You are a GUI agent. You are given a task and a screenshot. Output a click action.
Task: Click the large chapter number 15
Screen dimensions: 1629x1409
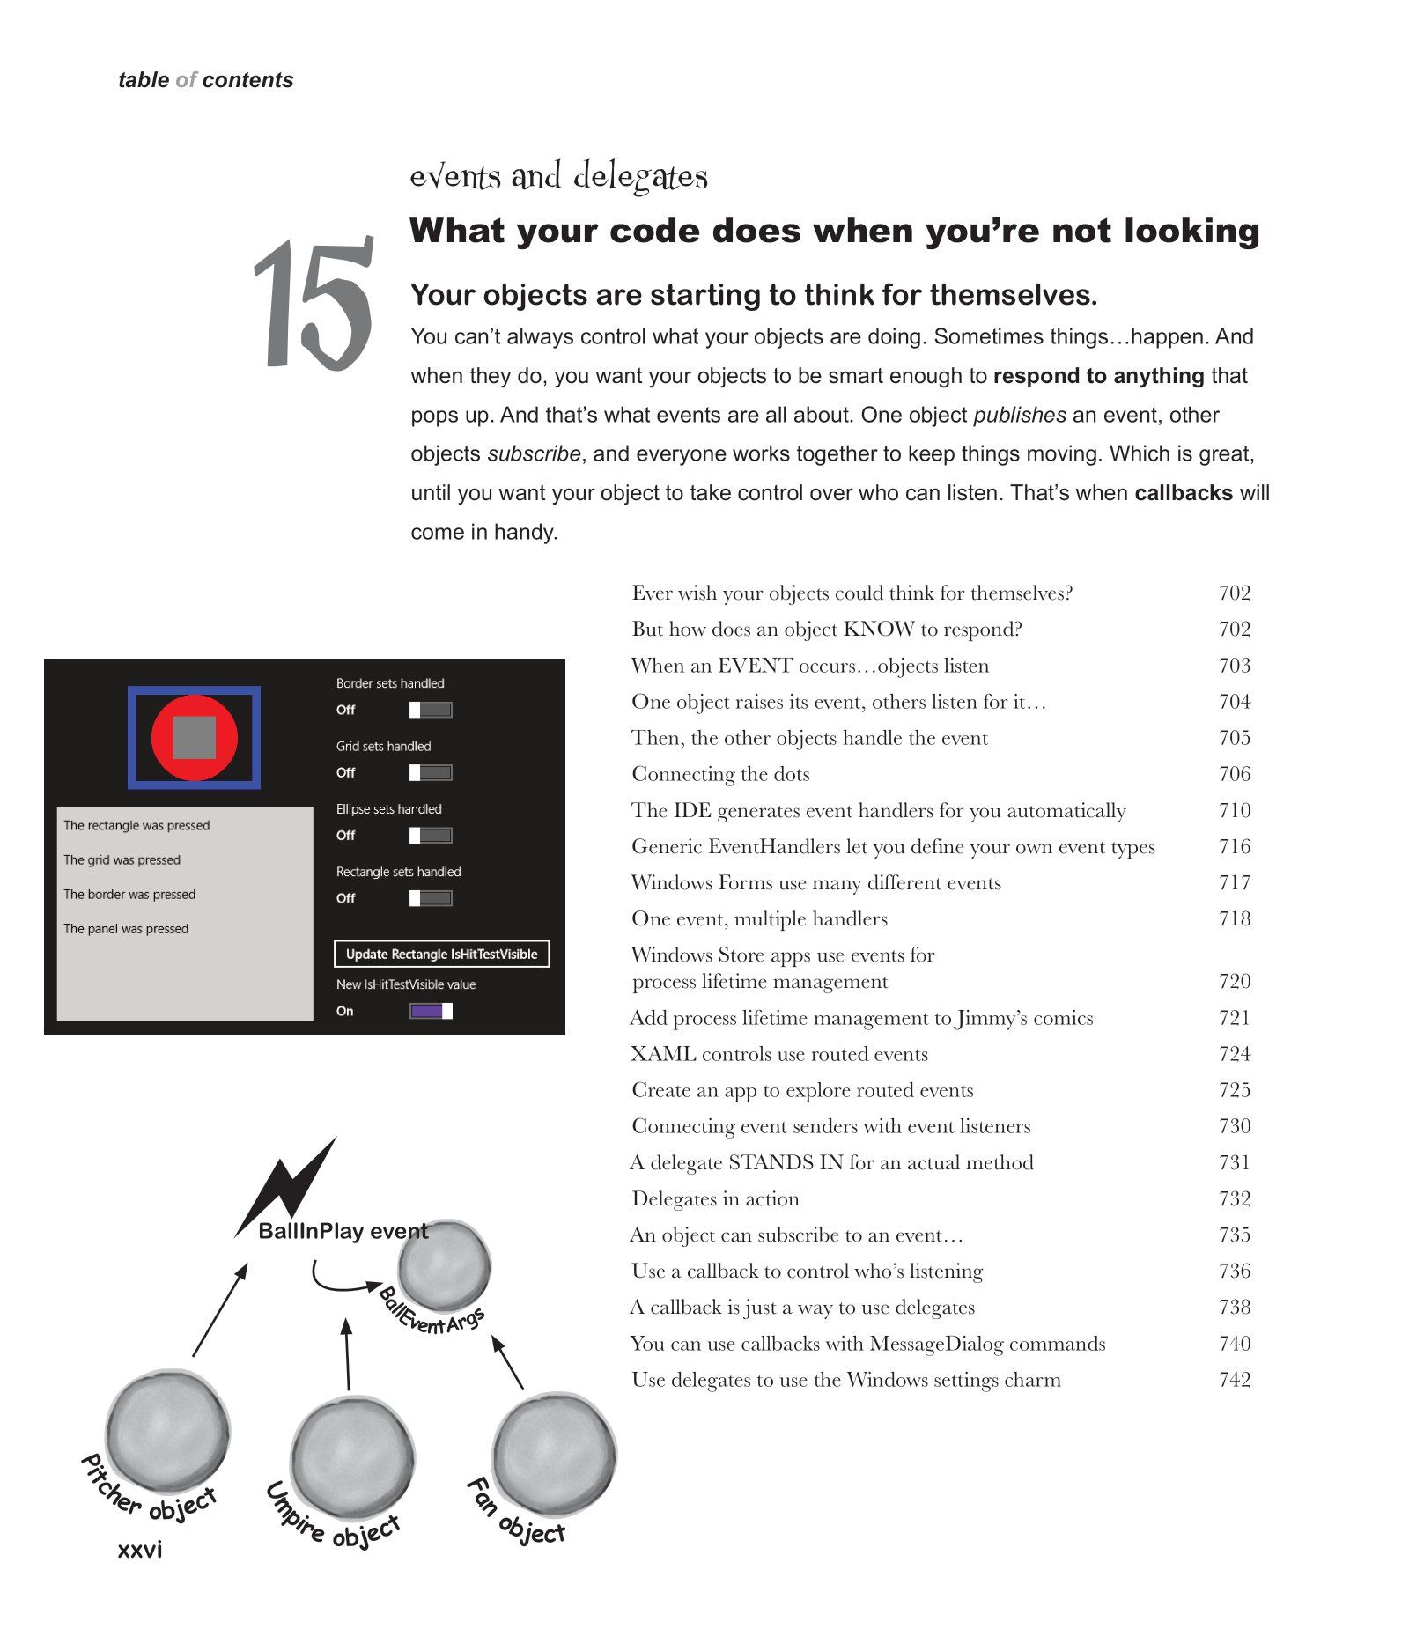(314, 304)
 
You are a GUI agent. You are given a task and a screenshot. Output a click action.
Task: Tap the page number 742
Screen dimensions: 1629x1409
(1234, 1380)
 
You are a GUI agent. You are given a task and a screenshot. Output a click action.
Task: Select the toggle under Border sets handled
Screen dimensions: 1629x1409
(431, 710)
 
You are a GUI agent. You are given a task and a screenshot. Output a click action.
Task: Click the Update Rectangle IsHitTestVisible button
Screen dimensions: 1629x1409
(441, 955)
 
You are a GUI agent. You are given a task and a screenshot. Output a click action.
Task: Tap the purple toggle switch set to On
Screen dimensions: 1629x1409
(431, 1011)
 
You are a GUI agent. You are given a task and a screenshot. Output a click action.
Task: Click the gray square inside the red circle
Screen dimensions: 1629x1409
(195, 737)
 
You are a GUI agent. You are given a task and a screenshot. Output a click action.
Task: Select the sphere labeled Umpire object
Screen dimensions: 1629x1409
(352, 1458)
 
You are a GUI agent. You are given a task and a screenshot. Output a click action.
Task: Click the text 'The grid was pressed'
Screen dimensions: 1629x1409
(122, 860)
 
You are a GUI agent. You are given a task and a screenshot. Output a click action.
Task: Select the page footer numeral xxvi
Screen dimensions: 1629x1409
(140, 1550)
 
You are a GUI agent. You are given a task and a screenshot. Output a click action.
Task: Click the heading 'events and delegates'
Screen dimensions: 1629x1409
(558, 177)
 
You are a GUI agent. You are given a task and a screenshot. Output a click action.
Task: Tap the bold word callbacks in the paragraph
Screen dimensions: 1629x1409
(1183, 493)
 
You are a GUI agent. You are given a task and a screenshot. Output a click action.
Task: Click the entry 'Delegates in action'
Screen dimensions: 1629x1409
(715, 1199)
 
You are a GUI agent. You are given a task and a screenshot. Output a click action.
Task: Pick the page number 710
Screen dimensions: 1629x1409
(1234, 810)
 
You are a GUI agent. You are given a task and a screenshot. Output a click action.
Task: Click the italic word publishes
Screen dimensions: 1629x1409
(1019, 415)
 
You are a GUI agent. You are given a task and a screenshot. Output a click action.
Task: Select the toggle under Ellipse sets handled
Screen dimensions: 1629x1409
(431, 835)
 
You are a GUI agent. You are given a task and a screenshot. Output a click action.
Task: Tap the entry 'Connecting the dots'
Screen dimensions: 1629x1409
(720, 774)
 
